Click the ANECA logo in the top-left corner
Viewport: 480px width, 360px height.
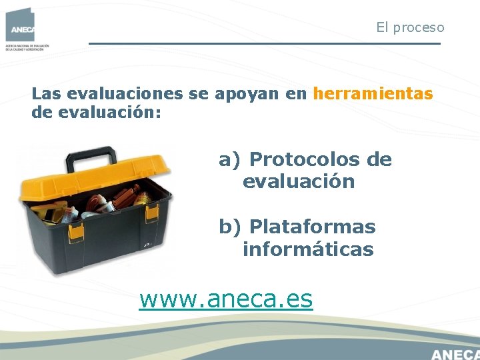click(x=20, y=25)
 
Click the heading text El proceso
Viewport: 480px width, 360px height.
click(x=410, y=28)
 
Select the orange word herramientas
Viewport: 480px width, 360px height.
click(x=373, y=94)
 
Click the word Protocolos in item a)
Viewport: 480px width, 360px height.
click(x=305, y=160)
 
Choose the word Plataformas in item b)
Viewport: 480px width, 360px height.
click(x=312, y=227)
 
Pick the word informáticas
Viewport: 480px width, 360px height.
click(x=308, y=250)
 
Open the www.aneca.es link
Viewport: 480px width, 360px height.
click(x=225, y=299)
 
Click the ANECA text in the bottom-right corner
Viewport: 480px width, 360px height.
click(x=455, y=353)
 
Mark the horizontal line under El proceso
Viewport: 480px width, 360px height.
click(x=265, y=44)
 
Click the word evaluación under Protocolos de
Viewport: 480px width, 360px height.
click(x=298, y=182)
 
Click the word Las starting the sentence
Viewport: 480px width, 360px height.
click(x=47, y=94)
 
